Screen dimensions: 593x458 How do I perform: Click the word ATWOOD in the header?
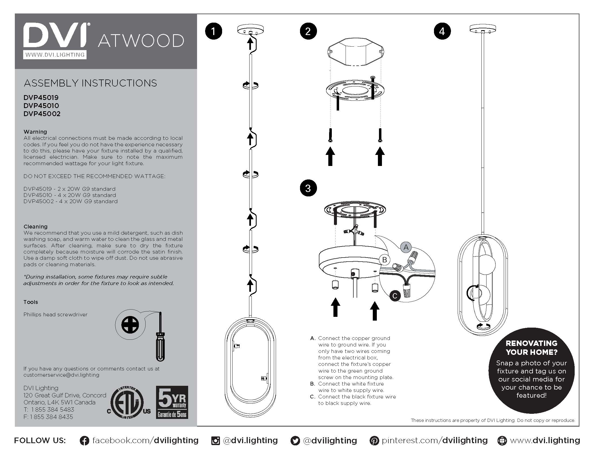pos(141,41)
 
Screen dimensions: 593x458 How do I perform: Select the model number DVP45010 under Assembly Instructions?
pos(41,106)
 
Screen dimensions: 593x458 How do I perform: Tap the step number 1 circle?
pos(213,31)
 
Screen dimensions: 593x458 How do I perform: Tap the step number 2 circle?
pos(308,31)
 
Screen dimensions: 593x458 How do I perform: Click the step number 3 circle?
pos(308,188)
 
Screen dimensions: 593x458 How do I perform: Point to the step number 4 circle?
pos(442,31)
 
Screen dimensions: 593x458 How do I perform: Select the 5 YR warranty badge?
pos(172,402)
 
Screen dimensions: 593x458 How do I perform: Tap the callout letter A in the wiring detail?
pos(406,247)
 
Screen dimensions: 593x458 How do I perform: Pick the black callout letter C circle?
pos(395,296)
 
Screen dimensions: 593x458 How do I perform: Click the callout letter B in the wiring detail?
pos(384,260)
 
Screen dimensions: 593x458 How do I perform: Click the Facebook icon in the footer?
pos(84,441)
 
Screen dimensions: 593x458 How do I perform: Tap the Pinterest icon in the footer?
pos(374,441)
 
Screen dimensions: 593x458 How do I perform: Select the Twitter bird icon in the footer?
pos(295,441)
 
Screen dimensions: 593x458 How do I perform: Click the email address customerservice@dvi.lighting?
pos(61,375)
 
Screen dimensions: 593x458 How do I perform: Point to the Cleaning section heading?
pos(36,227)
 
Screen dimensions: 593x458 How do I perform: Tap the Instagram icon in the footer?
pos(215,441)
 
